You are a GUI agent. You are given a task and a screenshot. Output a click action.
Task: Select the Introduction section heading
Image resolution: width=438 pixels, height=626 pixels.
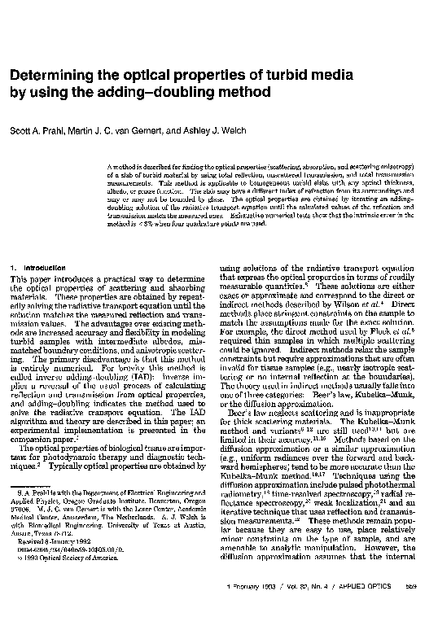pos(38,268)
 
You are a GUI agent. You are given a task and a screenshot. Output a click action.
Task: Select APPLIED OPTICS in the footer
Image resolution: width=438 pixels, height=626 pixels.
pos(374,608)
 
